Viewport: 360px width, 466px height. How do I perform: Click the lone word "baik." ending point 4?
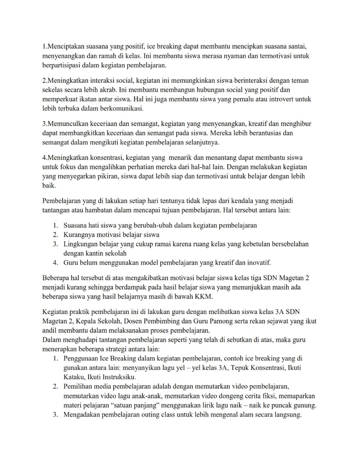pos(49,185)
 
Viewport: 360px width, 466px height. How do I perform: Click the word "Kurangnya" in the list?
pos(78,235)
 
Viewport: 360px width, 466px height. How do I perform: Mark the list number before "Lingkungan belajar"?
pos(55,244)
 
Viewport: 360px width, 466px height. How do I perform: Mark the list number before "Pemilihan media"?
pos(55,386)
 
